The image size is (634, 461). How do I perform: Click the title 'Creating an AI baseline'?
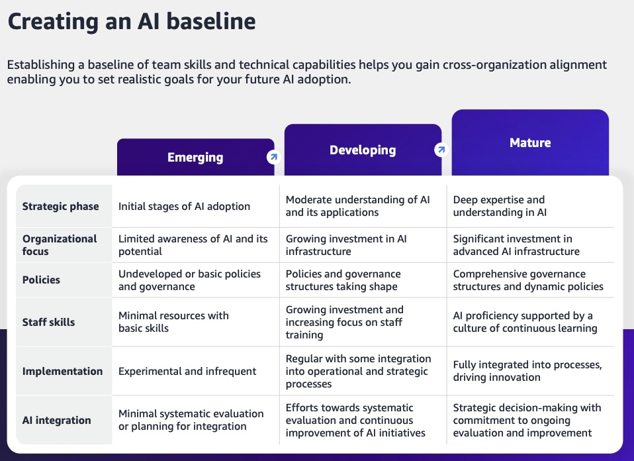(132, 21)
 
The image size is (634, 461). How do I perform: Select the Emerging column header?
(195, 157)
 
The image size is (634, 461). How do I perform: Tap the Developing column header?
(363, 150)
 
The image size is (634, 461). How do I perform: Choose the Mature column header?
(530, 142)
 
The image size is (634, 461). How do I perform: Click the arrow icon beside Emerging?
(274, 156)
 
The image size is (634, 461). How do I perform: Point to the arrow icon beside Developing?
(441, 150)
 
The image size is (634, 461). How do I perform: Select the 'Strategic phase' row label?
(61, 207)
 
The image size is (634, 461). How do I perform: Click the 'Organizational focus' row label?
(60, 245)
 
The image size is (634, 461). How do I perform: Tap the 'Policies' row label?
(41, 280)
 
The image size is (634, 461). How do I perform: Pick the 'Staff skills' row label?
(48, 322)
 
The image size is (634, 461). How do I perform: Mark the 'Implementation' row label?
(62, 371)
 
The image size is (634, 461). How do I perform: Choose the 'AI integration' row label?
(57, 420)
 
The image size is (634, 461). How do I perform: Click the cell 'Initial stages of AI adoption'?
(185, 207)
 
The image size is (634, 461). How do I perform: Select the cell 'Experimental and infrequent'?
(187, 371)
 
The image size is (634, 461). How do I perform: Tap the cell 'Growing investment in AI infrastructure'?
(346, 245)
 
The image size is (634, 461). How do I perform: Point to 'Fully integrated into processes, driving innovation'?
(527, 371)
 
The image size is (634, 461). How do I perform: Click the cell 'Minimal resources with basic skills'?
(173, 322)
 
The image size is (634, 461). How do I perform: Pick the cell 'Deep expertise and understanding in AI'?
(500, 206)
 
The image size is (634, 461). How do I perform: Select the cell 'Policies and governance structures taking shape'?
(343, 280)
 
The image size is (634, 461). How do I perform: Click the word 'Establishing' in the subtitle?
(41, 65)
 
